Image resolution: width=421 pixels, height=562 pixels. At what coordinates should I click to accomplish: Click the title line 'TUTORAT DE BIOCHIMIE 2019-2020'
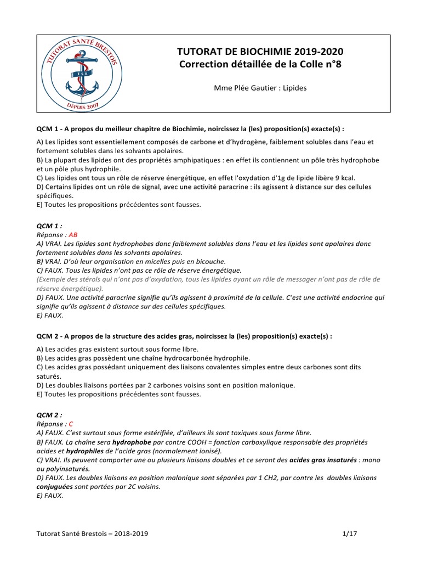pyautogui.click(x=261, y=52)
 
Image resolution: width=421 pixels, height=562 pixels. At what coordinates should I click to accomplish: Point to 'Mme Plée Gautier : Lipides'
pyautogui.click(x=260, y=87)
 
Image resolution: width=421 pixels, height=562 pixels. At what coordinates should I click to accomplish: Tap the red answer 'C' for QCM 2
pyautogui.click(x=71, y=424)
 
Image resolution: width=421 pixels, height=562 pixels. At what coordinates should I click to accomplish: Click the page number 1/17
pyautogui.click(x=349, y=533)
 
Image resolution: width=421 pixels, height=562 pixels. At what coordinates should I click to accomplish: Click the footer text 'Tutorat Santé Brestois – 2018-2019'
pyautogui.click(x=92, y=533)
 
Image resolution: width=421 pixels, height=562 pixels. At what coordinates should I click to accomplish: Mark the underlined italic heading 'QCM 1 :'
pyautogui.click(x=49, y=226)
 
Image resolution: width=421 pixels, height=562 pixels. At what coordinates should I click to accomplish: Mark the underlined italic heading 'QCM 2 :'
pyautogui.click(x=49, y=415)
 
